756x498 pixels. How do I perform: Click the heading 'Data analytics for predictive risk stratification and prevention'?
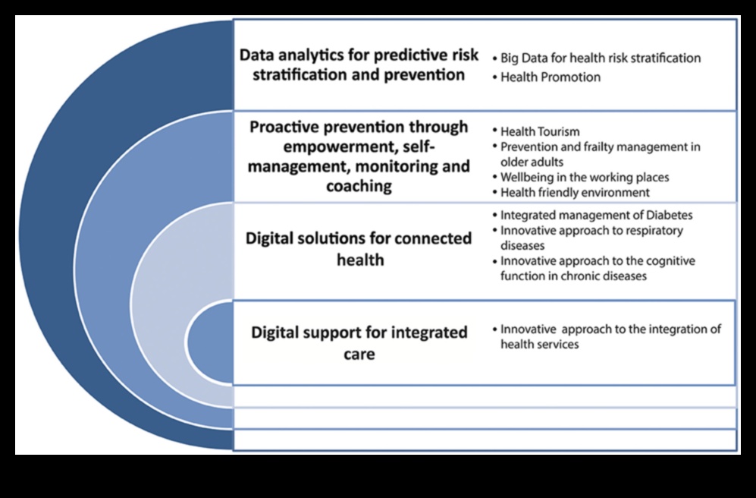pyautogui.click(x=359, y=65)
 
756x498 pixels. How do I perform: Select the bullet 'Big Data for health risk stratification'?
pyautogui.click(x=597, y=58)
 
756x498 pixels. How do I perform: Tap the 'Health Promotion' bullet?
pyautogui.click(x=547, y=77)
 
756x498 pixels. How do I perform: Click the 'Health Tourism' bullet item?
pyautogui.click(x=536, y=131)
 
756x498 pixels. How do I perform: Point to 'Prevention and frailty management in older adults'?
pyautogui.click(x=597, y=154)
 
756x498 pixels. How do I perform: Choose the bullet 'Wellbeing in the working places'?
pyautogui.click(x=581, y=177)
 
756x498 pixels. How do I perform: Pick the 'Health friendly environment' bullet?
pyautogui.click(x=571, y=192)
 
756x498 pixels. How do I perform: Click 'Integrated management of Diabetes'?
pyautogui.click(x=592, y=215)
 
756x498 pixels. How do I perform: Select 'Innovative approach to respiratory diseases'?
pyautogui.click(x=588, y=238)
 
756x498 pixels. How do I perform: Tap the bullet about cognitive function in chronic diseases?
pyautogui.click(x=594, y=268)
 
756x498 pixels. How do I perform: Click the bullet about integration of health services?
pyautogui.click(x=607, y=336)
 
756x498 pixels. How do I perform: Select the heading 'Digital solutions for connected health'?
pyautogui.click(x=359, y=248)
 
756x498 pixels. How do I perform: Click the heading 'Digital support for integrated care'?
pyautogui.click(x=359, y=342)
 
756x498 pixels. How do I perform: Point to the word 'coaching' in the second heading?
pyautogui.click(x=359, y=186)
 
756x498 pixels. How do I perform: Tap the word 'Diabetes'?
pyautogui.click(x=670, y=215)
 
